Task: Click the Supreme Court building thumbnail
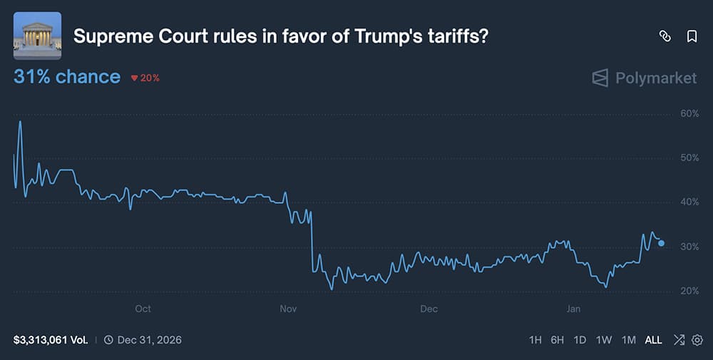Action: (37, 36)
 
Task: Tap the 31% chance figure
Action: (67, 77)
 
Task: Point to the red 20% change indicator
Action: (145, 78)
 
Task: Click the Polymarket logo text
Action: (656, 78)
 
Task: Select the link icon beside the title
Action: (665, 36)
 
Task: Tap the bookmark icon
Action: (692, 36)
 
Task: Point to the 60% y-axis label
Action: (689, 113)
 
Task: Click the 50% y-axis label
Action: (689, 158)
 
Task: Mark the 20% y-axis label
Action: (689, 291)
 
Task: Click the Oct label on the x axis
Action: (143, 309)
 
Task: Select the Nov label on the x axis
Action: (288, 309)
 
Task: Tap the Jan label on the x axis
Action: (573, 309)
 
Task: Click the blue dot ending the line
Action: (662, 243)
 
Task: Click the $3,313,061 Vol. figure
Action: (51, 340)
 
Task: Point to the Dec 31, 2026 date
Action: (149, 340)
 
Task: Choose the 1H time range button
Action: (535, 340)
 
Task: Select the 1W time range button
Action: (603, 340)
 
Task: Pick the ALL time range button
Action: (653, 340)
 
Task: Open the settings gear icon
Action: (697, 340)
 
